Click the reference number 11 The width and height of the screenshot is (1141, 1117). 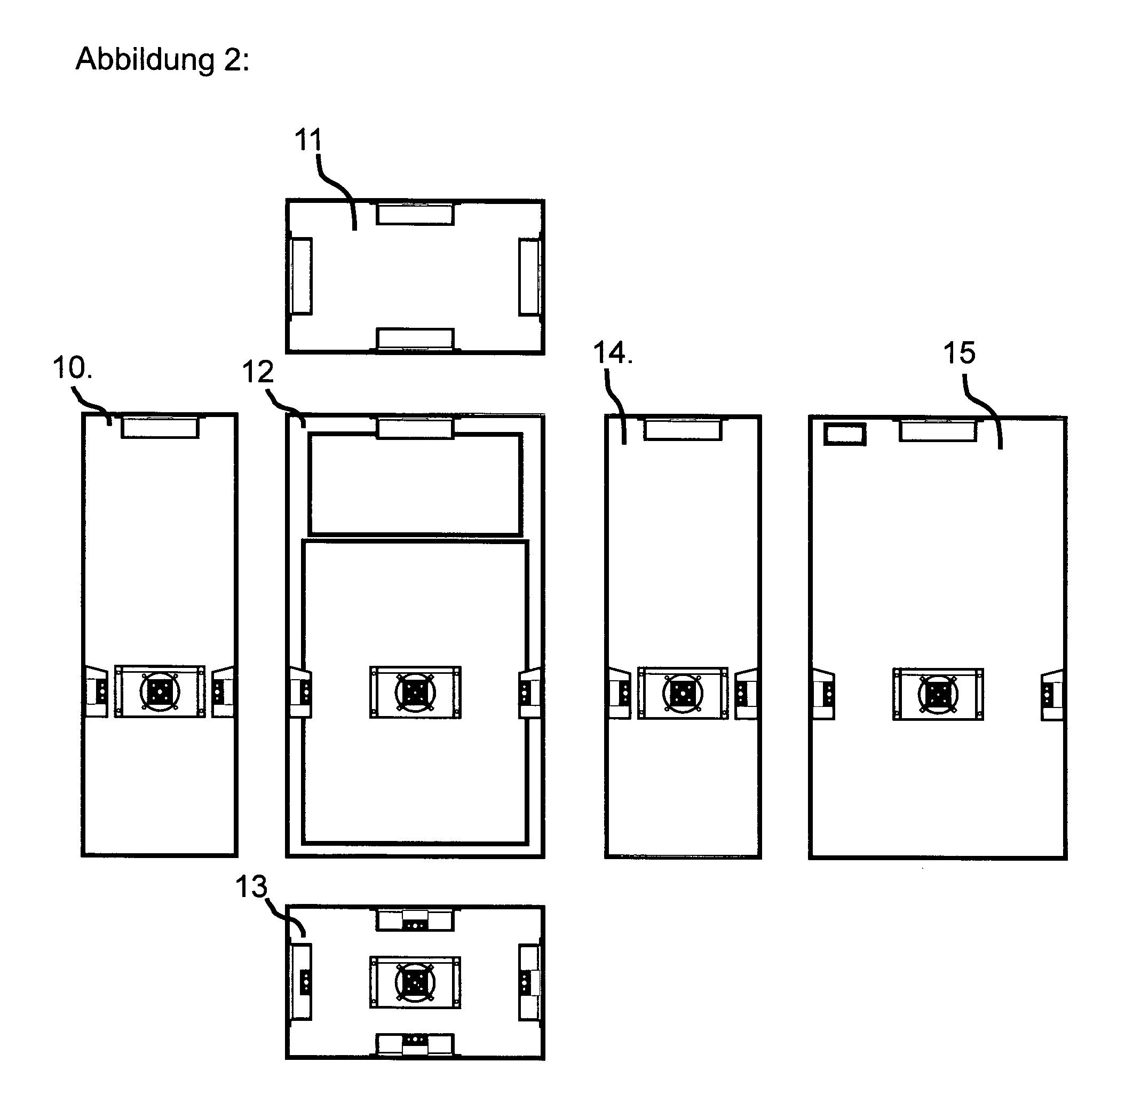click(x=308, y=140)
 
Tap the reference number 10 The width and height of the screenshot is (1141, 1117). click(x=72, y=368)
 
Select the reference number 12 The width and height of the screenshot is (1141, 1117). click(x=258, y=372)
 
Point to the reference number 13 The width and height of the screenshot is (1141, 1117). click(x=251, y=887)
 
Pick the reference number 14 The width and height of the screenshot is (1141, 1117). click(x=613, y=353)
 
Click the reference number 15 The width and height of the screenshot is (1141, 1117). click(x=959, y=353)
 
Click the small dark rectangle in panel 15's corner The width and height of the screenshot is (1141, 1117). click(x=845, y=434)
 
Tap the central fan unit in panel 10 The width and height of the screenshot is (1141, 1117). click(x=160, y=691)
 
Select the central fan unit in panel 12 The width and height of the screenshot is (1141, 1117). click(x=415, y=693)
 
